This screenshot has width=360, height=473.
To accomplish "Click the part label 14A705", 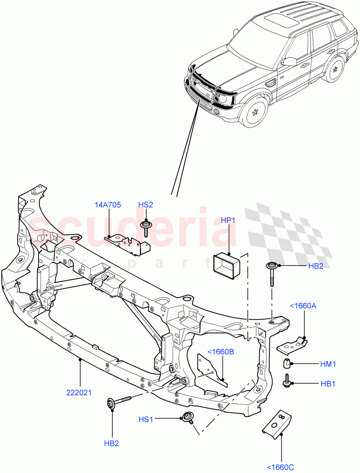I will point(108,205).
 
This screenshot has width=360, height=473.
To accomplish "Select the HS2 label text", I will point(145,205).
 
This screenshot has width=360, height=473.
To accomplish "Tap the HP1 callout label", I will point(228,220).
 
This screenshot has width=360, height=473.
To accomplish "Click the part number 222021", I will point(80,392).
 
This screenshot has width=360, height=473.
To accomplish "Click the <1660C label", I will point(281,467).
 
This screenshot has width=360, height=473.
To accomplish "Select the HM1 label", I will point(328,364).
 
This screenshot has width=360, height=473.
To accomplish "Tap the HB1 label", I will point(327,384).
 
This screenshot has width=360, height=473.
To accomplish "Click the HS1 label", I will point(145,420).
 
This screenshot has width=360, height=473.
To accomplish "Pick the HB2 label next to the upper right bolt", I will point(315,266).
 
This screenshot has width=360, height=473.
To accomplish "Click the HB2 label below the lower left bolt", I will point(111,443).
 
